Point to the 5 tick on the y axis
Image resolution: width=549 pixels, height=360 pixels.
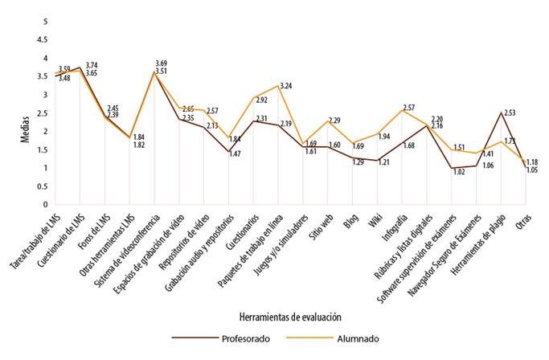(44, 22)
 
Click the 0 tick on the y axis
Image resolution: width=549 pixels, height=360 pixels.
(44, 204)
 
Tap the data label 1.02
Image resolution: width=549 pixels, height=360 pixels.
(458, 171)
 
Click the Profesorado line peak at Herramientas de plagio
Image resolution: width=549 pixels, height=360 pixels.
(502, 112)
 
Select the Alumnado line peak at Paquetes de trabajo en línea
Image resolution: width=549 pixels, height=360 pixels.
(278, 85)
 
